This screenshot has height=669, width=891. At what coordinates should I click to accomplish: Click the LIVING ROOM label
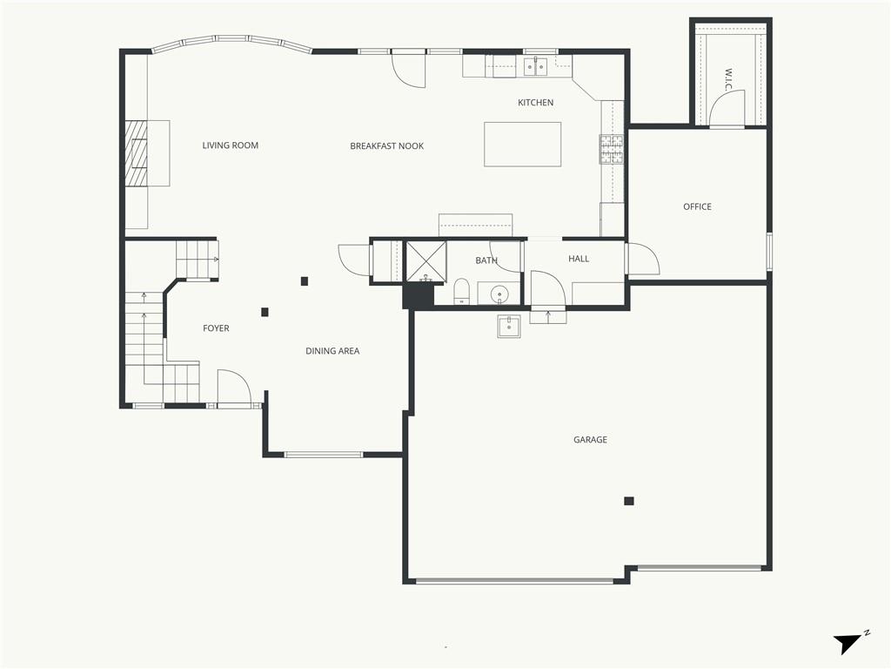pos(230,145)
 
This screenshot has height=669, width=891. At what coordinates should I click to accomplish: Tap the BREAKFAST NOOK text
pos(386,146)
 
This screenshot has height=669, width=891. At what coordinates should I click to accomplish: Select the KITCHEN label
pos(535,103)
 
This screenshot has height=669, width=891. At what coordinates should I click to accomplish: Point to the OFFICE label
pos(697,206)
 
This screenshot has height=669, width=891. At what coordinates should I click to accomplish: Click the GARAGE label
pos(590,440)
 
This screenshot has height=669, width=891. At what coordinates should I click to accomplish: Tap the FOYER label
pos(216,328)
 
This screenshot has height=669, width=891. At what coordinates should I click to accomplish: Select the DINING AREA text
pos(332,351)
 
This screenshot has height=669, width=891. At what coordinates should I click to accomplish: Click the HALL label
pos(579,259)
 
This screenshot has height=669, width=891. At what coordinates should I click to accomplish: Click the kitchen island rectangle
pos(522,145)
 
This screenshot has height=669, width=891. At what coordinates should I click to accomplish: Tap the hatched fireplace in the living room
pos(137,153)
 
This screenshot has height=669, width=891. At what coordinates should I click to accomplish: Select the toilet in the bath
pos(461,291)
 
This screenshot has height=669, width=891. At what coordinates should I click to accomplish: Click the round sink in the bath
pos(499,294)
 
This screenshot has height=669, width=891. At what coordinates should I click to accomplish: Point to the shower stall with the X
pos(425,261)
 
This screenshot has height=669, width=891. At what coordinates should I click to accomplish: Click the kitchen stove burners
pos(612,149)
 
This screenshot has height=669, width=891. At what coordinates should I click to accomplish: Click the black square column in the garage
pos(628,501)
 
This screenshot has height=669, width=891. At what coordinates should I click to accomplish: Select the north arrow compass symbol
pos(849,643)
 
